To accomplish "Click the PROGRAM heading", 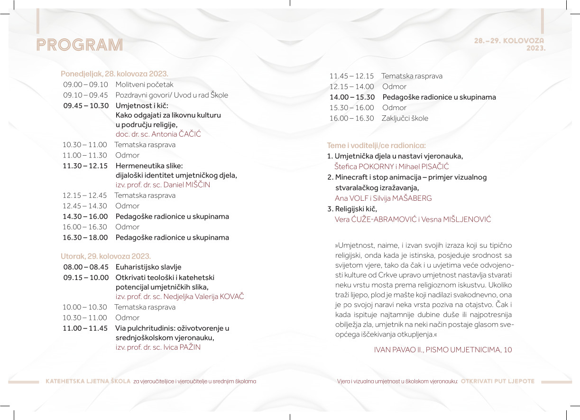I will [x=80, y=45].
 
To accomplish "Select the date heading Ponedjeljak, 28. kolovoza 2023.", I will [x=114, y=74].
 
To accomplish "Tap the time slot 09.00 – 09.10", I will [x=85, y=84].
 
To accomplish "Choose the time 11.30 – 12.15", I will [x=85, y=166].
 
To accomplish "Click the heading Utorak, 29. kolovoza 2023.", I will [x=106, y=256].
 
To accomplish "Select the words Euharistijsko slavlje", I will [x=148, y=267].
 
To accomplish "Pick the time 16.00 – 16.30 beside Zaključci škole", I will [x=351, y=118].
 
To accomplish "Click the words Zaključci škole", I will [x=405, y=118].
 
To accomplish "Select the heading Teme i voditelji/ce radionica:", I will [x=376, y=146].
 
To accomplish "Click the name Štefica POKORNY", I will [x=364, y=167].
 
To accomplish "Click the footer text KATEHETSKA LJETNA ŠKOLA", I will [x=88, y=381].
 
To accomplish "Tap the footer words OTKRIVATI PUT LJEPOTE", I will [x=497, y=381].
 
